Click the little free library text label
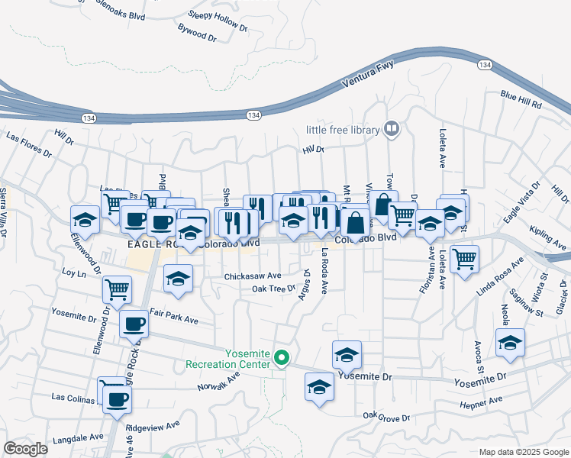(x=343, y=130)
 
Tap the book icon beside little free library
(x=392, y=129)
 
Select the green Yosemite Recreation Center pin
(x=282, y=356)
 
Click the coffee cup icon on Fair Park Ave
(x=134, y=324)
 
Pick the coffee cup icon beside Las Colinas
(x=117, y=398)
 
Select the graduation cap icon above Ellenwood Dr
(x=85, y=220)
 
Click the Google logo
(x=26, y=449)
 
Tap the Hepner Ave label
(x=481, y=400)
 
